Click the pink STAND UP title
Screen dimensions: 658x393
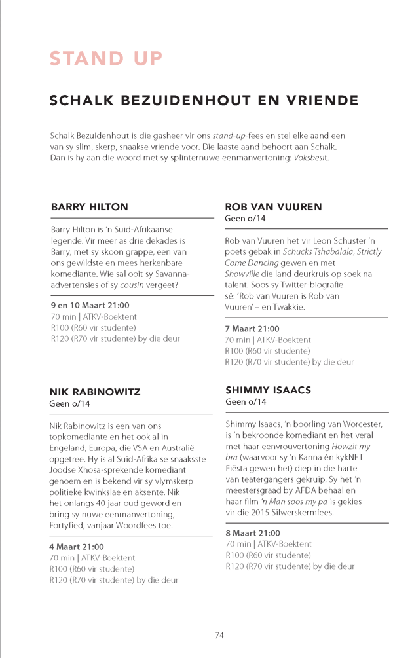pyautogui.click(x=105, y=58)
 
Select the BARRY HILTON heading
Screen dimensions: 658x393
pyautogui.click(x=90, y=207)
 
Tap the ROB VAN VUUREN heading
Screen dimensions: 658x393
pyautogui.click(x=273, y=207)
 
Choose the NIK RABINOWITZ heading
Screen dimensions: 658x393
pyautogui.click(x=95, y=392)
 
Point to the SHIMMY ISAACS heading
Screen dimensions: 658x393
pyautogui.click(x=268, y=390)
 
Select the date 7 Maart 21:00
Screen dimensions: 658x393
pyautogui.click(x=252, y=329)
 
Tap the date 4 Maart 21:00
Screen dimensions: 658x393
pyautogui.click(x=77, y=547)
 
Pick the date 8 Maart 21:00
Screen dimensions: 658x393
pyautogui.click(x=252, y=533)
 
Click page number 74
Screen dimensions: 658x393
pyautogui.click(x=220, y=635)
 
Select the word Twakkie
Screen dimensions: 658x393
pyautogui.click(x=289, y=306)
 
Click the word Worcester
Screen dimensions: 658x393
pyautogui.click(x=360, y=424)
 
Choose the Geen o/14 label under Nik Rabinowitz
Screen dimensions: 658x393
pyautogui.click(x=70, y=404)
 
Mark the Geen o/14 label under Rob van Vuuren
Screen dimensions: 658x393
pyautogui.click(x=246, y=219)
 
